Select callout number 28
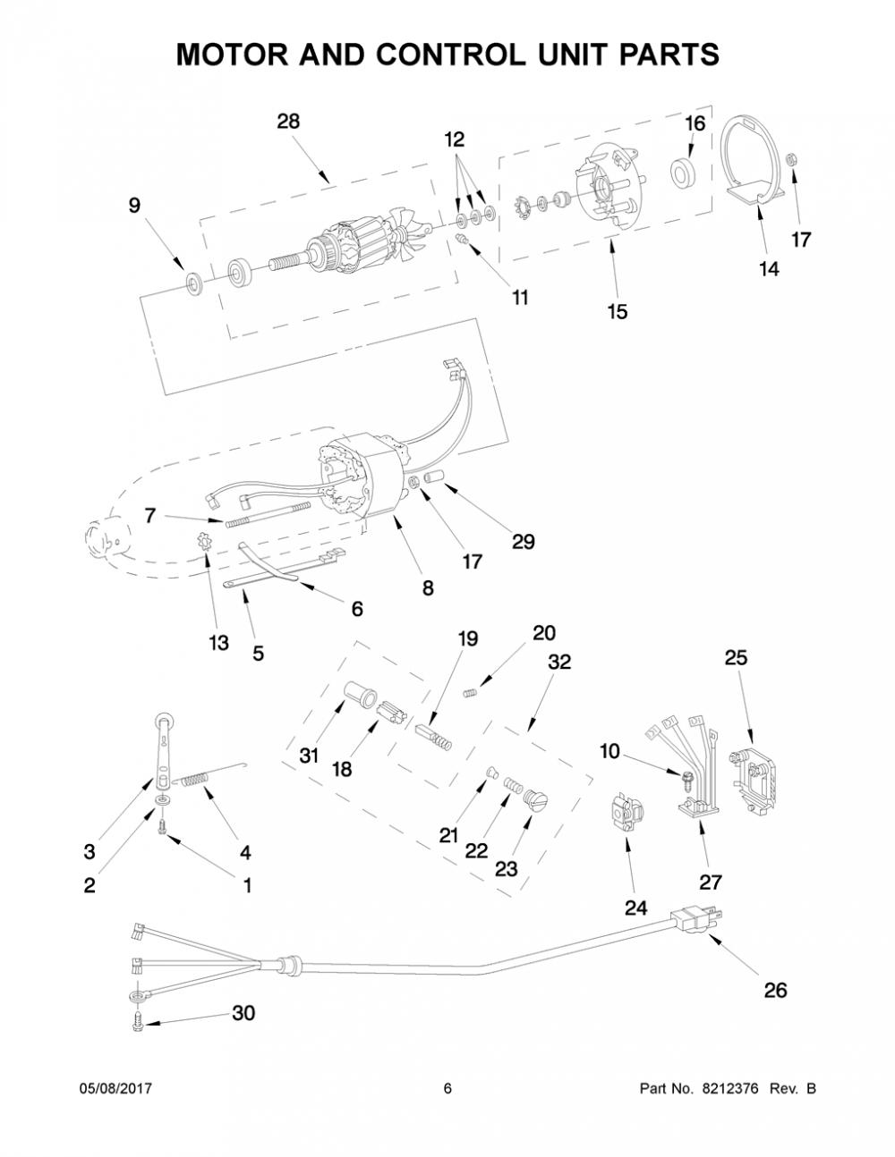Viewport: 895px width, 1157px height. click(x=288, y=122)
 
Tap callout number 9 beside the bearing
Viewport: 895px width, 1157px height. click(x=134, y=205)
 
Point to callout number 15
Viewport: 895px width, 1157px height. click(x=618, y=311)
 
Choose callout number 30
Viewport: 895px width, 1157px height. click(x=243, y=1013)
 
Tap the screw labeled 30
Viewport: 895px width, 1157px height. click(x=138, y=1024)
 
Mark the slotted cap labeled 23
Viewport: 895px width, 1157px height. click(x=537, y=799)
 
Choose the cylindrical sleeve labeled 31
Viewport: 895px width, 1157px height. click(x=360, y=695)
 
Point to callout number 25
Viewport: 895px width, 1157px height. click(x=736, y=657)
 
